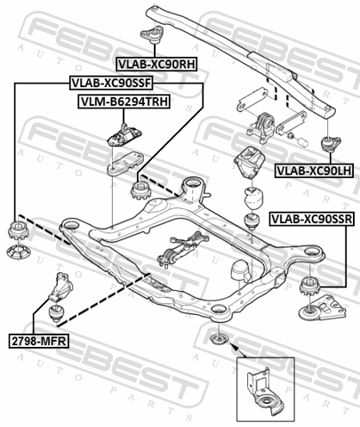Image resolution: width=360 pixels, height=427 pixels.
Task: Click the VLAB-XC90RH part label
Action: (156, 64)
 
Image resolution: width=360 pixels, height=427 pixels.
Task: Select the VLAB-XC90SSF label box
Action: (111, 83)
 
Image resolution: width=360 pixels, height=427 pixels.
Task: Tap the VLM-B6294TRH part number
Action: (124, 101)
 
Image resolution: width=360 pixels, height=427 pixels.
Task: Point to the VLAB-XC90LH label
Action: (314, 171)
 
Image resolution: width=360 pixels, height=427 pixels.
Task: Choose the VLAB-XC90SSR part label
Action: (312, 219)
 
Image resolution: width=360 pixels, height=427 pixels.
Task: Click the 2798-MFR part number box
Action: (38, 341)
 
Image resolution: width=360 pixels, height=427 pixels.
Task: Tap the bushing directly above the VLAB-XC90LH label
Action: (331, 144)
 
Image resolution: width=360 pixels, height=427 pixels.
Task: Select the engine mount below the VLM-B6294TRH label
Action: (124, 135)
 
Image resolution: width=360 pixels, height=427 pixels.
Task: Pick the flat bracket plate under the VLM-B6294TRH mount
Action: (125, 164)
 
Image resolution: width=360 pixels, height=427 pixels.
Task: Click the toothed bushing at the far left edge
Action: (18, 230)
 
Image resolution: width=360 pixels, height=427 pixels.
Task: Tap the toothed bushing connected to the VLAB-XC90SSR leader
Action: (309, 286)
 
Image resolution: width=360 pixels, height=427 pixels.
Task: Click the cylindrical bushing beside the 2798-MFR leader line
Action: (56, 313)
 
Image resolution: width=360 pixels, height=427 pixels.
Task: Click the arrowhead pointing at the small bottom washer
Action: (233, 346)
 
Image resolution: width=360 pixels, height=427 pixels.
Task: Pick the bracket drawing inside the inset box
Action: (265, 391)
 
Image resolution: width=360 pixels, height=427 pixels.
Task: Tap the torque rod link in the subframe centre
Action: (182, 247)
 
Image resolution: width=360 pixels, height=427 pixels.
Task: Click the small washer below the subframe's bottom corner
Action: (218, 339)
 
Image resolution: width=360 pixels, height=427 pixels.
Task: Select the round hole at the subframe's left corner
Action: (71, 226)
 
